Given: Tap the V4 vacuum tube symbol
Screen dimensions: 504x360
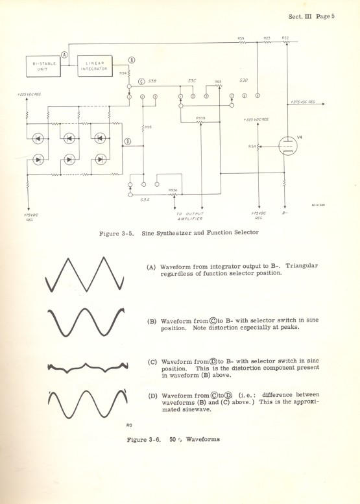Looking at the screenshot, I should [x=287, y=145].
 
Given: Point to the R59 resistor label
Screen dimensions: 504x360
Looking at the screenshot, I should [x=241, y=39].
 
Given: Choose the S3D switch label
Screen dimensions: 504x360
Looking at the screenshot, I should [x=244, y=80].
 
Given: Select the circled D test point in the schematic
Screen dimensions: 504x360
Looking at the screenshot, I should [x=127, y=141].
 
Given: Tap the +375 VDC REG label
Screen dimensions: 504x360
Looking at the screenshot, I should [x=303, y=102].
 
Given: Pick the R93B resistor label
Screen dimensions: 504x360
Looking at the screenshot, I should [x=200, y=117].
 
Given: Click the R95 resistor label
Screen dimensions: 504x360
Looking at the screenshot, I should [x=149, y=126].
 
